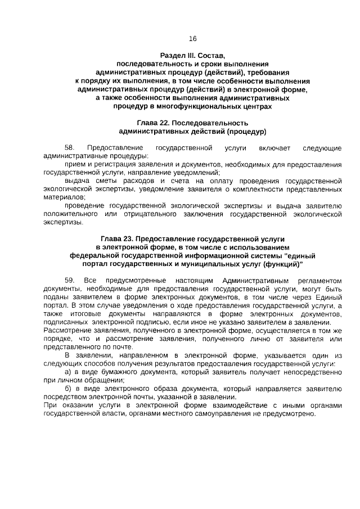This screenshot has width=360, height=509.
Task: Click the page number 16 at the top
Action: (x=192, y=39)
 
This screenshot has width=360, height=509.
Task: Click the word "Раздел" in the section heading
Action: (x=173, y=56)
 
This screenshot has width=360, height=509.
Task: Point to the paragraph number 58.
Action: (x=70, y=148)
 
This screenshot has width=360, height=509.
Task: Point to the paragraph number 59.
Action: (x=70, y=280)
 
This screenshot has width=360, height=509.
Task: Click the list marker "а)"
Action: (x=69, y=372)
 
